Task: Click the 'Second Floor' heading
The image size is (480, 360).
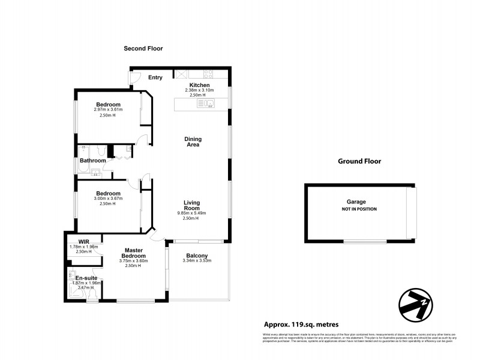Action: point(143,49)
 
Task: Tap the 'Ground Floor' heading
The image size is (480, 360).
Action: point(359,161)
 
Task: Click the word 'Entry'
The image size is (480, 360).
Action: point(155,77)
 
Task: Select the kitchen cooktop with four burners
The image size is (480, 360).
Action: point(209,74)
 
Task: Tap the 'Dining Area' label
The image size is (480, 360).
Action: point(192,142)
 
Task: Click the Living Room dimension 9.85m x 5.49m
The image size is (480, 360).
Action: point(191,214)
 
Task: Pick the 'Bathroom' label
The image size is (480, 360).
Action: point(94,160)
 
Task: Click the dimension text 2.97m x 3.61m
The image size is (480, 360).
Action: point(108,110)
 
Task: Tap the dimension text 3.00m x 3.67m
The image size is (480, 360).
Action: point(109,198)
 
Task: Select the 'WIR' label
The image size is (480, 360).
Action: point(76,242)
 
